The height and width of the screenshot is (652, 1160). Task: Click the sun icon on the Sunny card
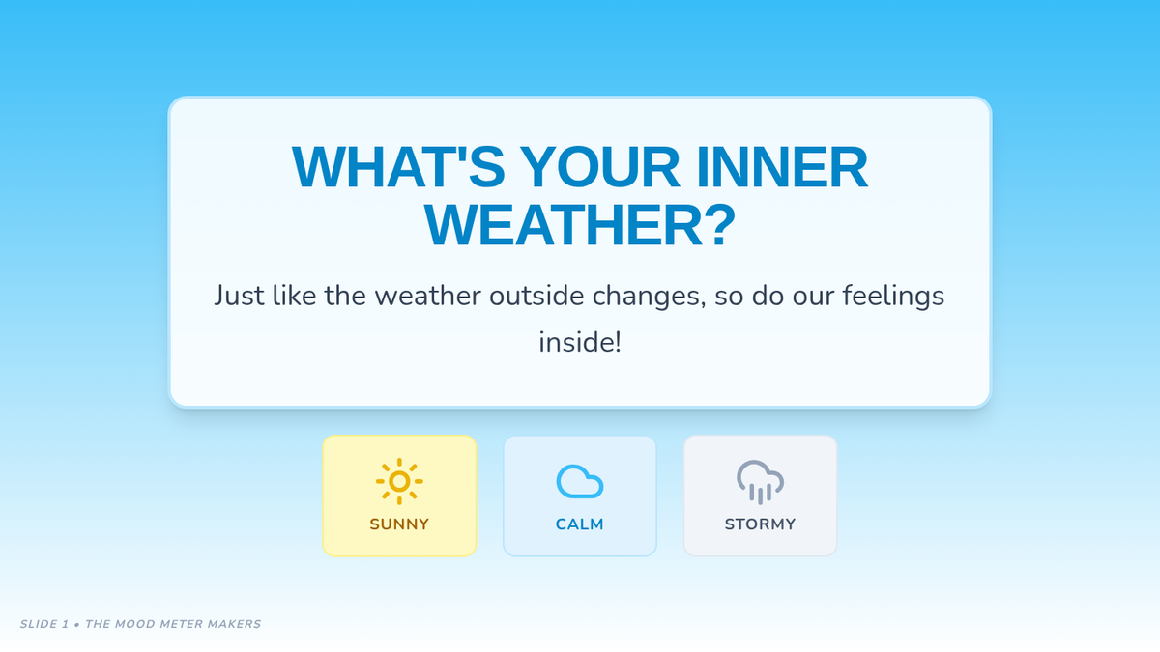tap(399, 481)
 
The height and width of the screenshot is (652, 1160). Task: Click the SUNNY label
tap(399, 524)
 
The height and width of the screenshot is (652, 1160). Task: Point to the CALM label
tap(579, 524)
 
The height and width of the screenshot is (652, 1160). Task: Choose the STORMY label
tap(760, 524)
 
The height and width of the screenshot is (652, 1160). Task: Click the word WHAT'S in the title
tap(398, 166)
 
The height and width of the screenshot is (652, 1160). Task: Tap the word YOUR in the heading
tap(599, 166)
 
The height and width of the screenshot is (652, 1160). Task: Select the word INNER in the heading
tap(782, 166)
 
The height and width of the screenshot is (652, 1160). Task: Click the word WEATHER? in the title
tap(580, 225)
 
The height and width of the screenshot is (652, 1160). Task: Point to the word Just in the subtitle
tap(239, 296)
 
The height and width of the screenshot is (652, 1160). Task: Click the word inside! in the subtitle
tap(580, 342)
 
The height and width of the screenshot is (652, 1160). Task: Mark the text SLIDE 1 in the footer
tap(44, 624)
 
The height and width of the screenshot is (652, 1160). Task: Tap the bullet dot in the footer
tap(76, 625)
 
